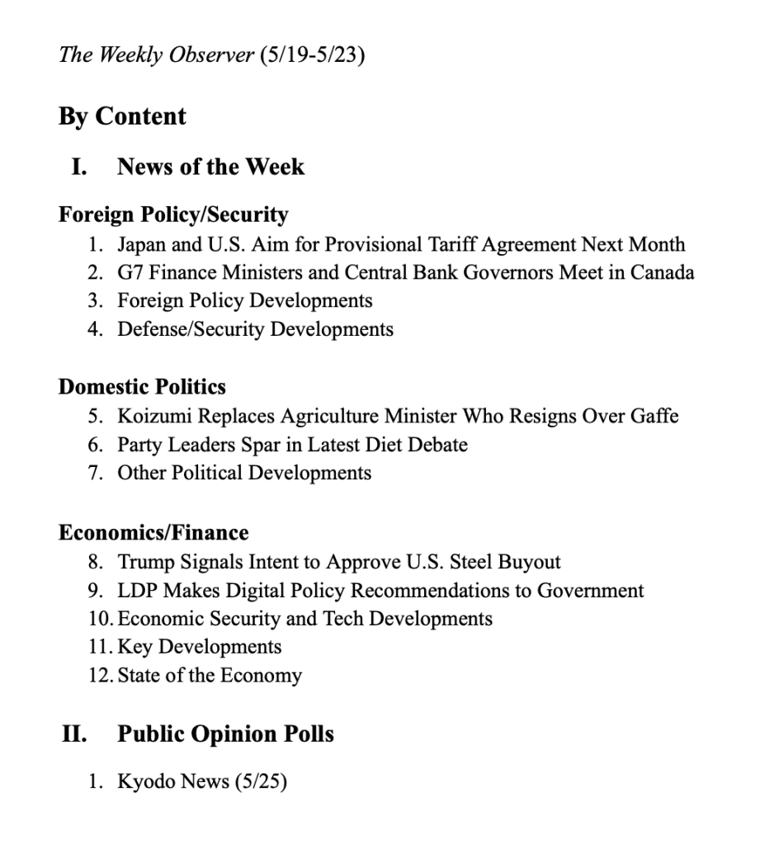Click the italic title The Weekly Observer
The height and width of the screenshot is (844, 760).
(x=155, y=57)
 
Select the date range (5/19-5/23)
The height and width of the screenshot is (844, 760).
(x=312, y=57)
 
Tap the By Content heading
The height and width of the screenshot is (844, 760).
(x=122, y=116)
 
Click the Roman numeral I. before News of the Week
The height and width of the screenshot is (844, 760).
(x=80, y=167)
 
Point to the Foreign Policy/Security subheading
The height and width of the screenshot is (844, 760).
(x=173, y=215)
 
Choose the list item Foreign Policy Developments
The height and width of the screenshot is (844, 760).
(x=244, y=300)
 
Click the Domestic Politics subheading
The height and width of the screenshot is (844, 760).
(x=142, y=387)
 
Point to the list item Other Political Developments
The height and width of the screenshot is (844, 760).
(x=244, y=473)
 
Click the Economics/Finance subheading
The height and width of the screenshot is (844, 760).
(x=153, y=532)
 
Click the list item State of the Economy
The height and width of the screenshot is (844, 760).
(x=210, y=676)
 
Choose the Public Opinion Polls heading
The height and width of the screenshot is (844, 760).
(x=225, y=733)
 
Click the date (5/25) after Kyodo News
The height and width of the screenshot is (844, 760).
(x=261, y=781)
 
